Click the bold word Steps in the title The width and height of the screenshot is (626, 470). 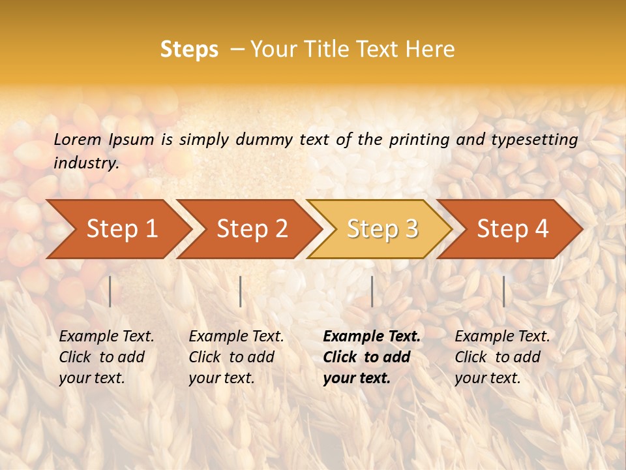(189, 50)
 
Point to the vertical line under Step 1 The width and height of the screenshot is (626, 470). (110, 291)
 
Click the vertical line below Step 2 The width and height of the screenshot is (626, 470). (241, 291)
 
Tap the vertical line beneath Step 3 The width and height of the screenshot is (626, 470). (372, 291)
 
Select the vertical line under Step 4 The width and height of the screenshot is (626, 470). (503, 291)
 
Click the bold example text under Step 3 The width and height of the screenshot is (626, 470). (372, 357)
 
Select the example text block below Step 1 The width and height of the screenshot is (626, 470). (106, 357)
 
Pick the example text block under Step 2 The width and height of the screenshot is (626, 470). (236, 357)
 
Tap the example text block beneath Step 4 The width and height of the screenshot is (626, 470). (502, 357)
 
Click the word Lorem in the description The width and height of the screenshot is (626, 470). (78, 139)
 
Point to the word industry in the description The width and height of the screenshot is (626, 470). (85, 163)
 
